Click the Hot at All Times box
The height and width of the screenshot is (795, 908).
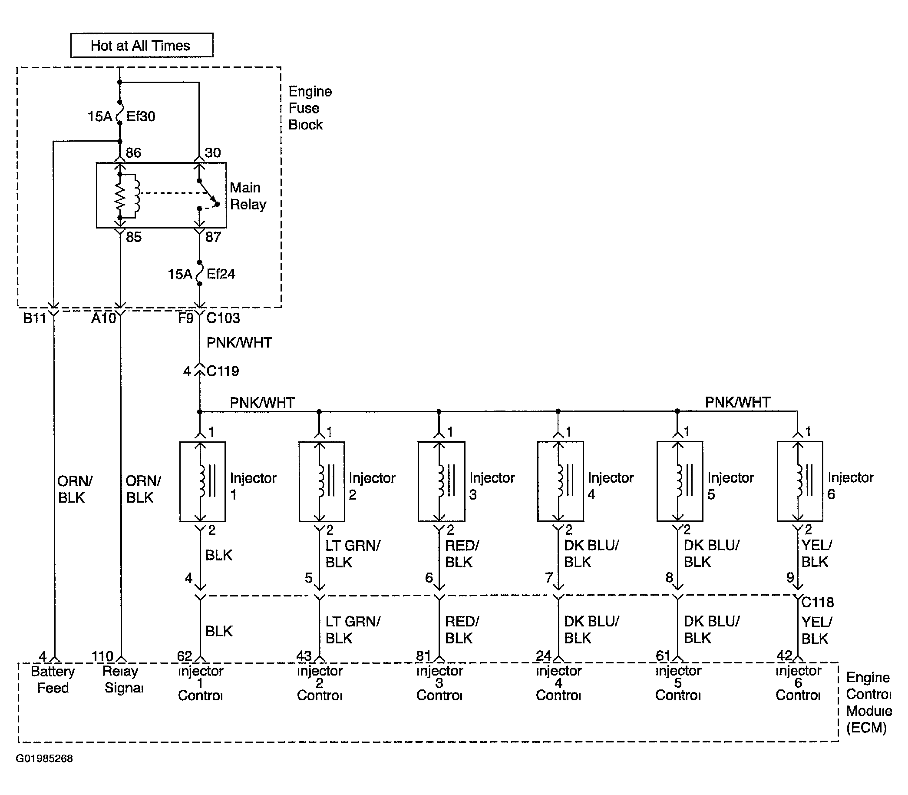coord(142,45)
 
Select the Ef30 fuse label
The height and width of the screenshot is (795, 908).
coord(141,116)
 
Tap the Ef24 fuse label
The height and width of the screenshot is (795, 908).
coord(221,274)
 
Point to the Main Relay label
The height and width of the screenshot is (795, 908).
coord(248,195)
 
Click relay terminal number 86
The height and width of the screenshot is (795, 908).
coord(133,152)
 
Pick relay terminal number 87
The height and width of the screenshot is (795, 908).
coord(213,237)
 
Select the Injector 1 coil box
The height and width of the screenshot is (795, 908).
coord(203,481)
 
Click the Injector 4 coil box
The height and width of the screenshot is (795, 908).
coord(561,481)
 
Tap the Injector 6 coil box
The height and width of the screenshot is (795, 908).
coord(800,481)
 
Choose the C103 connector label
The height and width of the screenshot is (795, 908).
coord(223,318)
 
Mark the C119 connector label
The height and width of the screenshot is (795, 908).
coord(223,371)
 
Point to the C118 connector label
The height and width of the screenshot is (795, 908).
coord(818,602)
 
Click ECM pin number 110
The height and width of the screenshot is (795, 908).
coord(102,656)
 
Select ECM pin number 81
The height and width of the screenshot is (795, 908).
coord(423,655)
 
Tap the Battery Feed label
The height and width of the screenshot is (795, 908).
coord(53,679)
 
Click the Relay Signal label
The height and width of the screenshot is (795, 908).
coord(123,679)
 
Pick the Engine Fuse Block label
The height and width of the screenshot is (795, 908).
coord(310,108)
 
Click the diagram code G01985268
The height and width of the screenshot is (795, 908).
coord(44,759)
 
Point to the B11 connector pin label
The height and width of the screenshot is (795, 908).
coord(35,318)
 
